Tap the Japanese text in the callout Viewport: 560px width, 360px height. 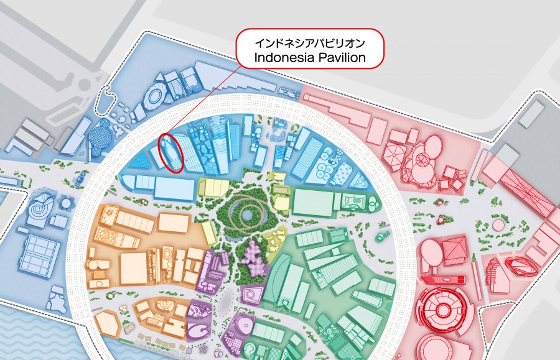pos(310,43)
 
